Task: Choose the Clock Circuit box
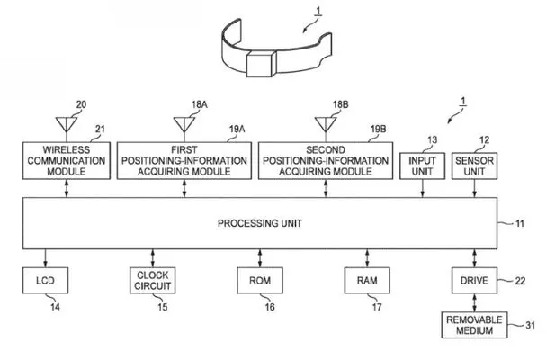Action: click(x=152, y=281)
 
